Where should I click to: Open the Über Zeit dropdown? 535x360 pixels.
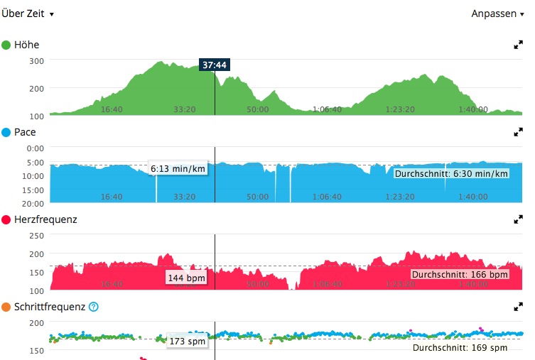pyautogui.click(x=28, y=13)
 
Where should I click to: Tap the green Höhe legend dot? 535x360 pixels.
pyautogui.click(x=6, y=45)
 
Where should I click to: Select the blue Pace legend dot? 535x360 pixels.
pyautogui.click(x=6, y=132)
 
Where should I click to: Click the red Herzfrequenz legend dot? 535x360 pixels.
pyautogui.click(x=6, y=220)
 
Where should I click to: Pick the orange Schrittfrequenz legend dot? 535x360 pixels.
pyautogui.click(x=6, y=307)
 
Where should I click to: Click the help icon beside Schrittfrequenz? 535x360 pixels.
pyautogui.click(x=94, y=307)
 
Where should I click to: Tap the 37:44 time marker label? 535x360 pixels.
pyautogui.click(x=215, y=65)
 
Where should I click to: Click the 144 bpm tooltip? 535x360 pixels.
pyautogui.click(x=187, y=278)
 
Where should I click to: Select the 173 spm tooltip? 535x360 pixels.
pyautogui.click(x=188, y=342)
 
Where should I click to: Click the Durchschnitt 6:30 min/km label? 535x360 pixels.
pyautogui.click(x=451, y=174)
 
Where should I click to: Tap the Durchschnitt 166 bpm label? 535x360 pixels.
pyautogui.click(x=460, y=274)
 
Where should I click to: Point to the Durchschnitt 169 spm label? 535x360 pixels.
pyautogui.click(x=460, y=348)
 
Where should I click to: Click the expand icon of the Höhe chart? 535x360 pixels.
pyautogui.click(x=518, y=45)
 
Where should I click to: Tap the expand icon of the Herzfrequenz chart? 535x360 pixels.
pyautogui.click(x=518, y=220)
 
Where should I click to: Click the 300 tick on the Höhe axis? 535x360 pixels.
pyautogui.click(x=37, y=61)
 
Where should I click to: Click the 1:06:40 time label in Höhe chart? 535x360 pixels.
pyautogui.click(x=327, y=110)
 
